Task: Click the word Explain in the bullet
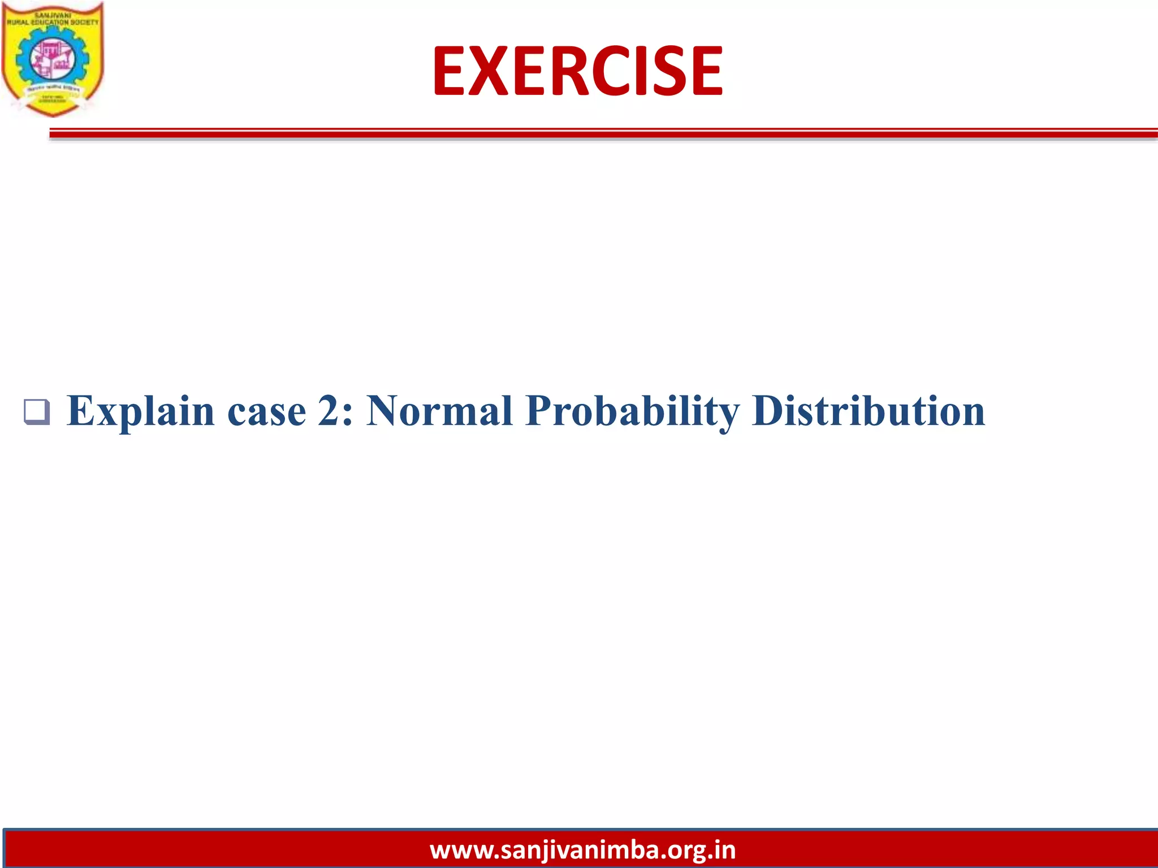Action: click(x=140, y=411)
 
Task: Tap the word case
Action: click(x=266, y=411)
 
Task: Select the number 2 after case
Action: click(x=328, y=411)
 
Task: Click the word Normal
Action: click(x=439, y=411)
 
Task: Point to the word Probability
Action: click(x=632, y=411)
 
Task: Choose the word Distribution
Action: click(x=868, y=411)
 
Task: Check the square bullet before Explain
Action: click(x=37, y=412)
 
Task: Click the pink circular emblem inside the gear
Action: click(x=52, y=59)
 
